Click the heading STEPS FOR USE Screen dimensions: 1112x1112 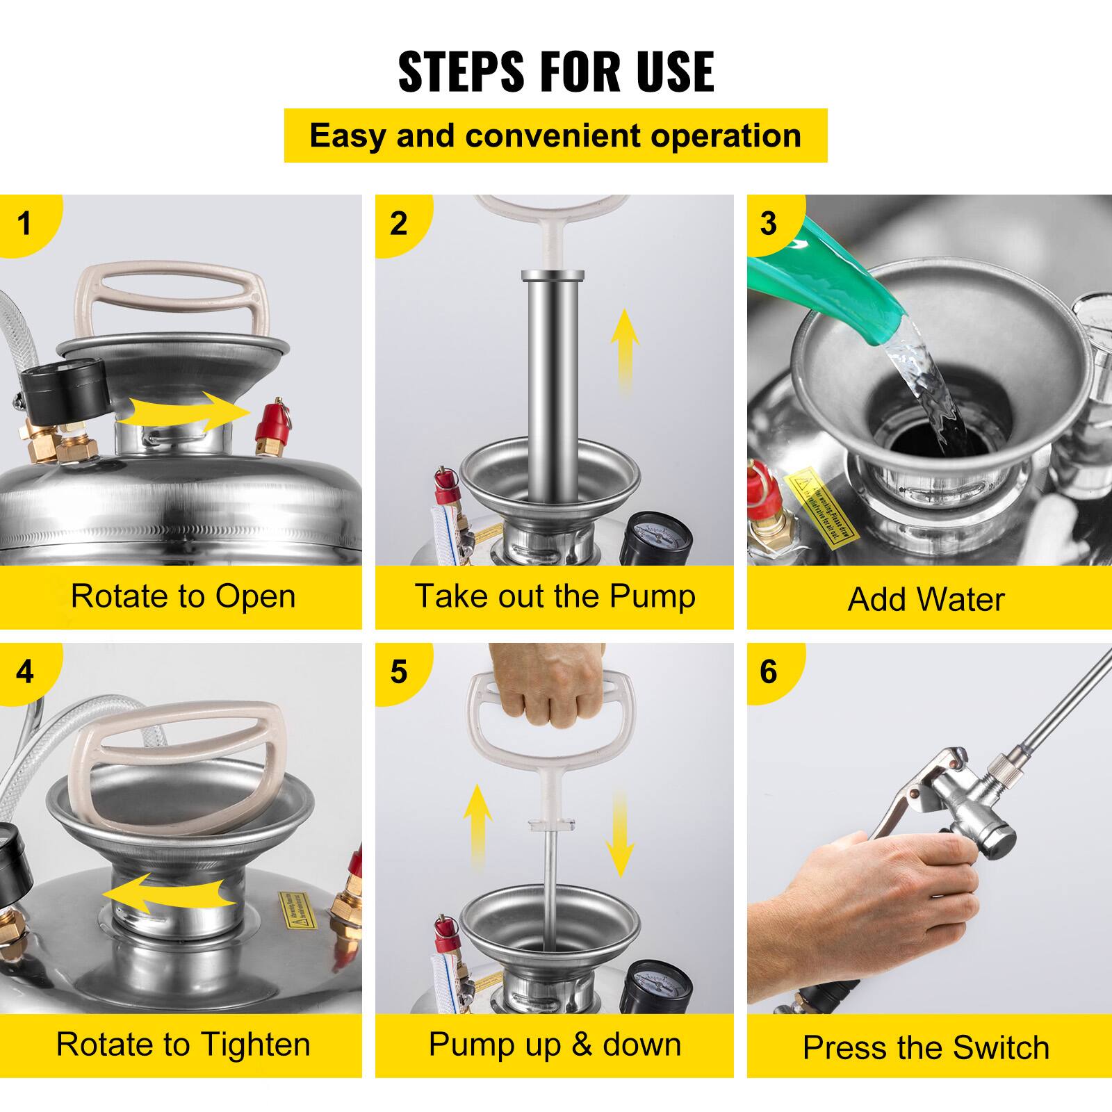point(555,72)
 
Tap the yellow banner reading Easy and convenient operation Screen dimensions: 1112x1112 point(555,136)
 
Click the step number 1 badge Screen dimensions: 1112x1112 point(25,224)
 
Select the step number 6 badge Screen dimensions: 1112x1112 point(768,671)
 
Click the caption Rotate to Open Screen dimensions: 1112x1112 point(183,596)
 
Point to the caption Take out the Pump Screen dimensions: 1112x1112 point(555,596)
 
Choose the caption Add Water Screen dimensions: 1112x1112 point(926,599)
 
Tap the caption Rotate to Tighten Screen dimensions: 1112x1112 point(183,1045)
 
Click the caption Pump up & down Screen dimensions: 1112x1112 point(555,1045)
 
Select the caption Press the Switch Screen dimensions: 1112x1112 point(926,1047)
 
